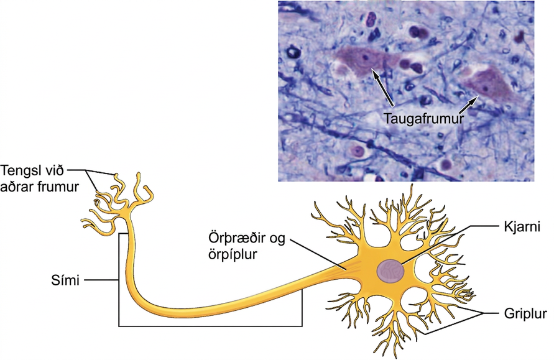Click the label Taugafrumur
point(423,118)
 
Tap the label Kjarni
point(522,226)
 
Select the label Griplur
point(525,313)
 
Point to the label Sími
point(65,280)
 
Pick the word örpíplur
point(232,255)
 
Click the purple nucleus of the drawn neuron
point(390,271)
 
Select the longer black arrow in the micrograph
point(382,87)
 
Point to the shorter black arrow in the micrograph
point(469,105)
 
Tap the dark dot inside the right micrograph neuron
point(486,89)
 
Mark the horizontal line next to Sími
point(101,280)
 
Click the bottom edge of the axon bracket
point(210,325)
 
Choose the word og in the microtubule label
point(275,239)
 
